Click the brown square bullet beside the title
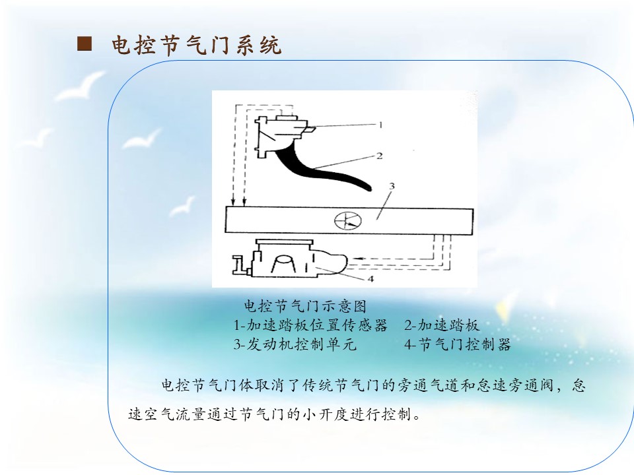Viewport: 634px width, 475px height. click(x=85, y=44)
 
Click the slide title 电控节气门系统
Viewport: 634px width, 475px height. click(x=196, y=45)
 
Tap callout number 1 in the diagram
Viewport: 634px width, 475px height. click(x=380, y=125)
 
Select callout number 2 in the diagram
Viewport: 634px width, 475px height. click(x=379, y=156)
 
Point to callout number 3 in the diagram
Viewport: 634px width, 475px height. click(x=392, y=186)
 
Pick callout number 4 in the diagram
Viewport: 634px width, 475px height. click(x=370, y=278)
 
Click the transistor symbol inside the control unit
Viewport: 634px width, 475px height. click(x=348, y=220)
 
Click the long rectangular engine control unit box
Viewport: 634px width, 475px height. click(x=349, y=220)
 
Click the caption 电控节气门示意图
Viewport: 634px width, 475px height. click(x=305, y=306)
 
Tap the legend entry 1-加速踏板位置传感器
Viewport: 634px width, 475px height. click(x=310, y=325)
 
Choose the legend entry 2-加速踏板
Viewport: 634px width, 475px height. click(x=442, y=325)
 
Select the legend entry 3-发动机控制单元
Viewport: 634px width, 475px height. click(x=295, y=344)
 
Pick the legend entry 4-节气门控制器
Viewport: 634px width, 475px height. click(x=457, y=344)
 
